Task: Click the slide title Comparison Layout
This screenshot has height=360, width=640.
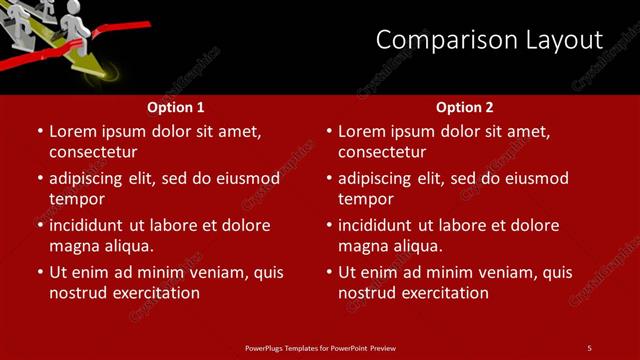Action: pos(489,40)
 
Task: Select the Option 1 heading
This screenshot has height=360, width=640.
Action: pos(176,107)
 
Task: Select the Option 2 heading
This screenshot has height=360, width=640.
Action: pos(465,107)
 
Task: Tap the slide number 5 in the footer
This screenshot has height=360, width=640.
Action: pos(589,348)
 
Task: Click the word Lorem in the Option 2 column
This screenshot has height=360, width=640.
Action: pos(361,131)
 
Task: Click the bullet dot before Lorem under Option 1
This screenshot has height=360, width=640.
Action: pos(40,132)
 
